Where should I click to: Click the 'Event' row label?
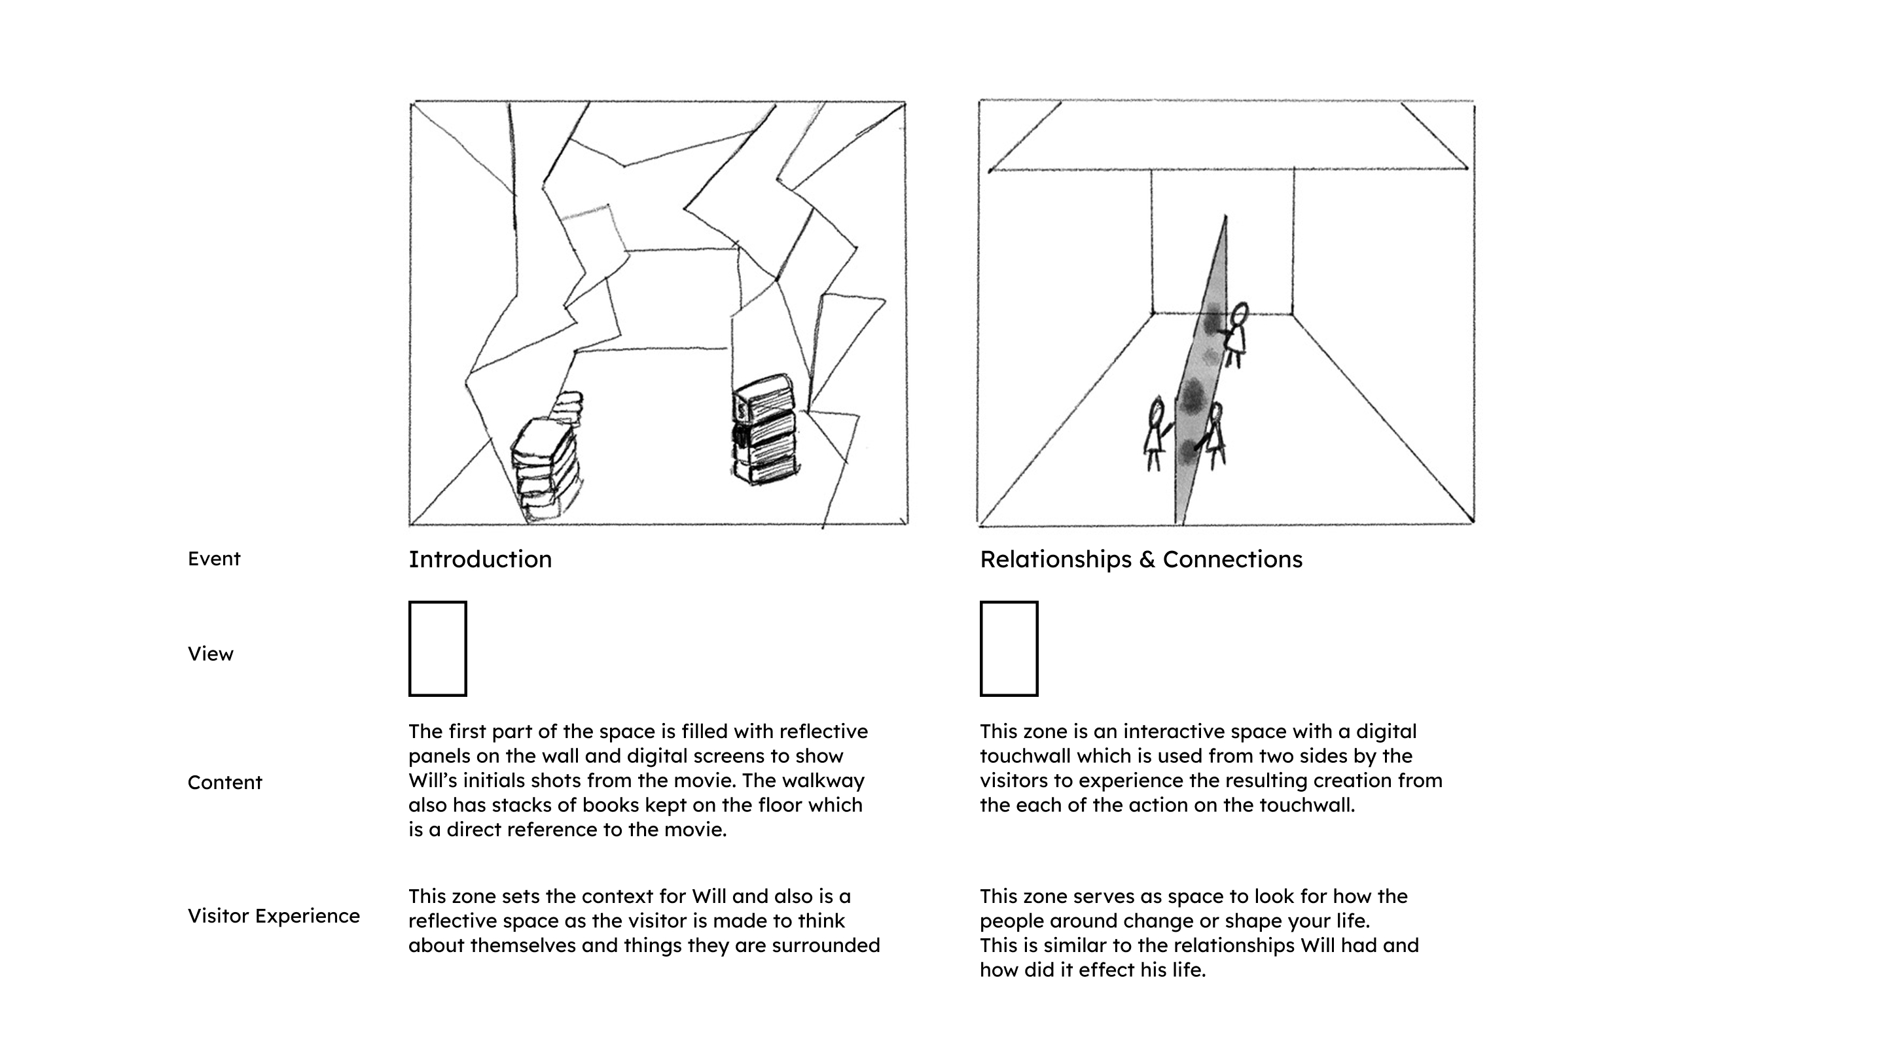[213, 559]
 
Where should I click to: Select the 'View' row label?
[210, 654]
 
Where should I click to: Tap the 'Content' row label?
[224, 783]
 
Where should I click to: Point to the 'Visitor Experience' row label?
[274, 916]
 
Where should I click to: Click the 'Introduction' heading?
[480, 559]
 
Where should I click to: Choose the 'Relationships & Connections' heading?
[1141, 559]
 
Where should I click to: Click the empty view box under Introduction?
[438, 649]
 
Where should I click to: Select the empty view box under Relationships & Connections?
[1009, 649]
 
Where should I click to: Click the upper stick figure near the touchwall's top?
[1236, 335]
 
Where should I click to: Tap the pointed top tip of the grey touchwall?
[1226, 218]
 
